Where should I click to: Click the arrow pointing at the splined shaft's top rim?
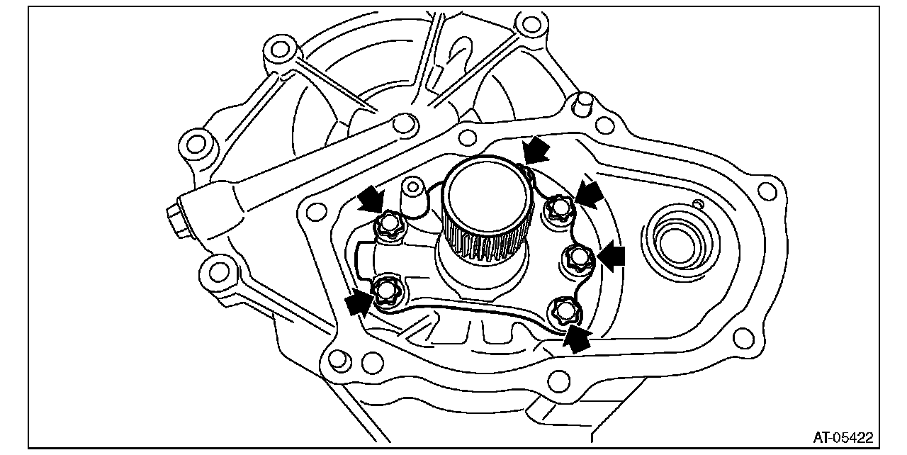536,150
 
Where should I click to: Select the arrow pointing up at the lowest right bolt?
577,339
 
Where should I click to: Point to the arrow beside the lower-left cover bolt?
359,303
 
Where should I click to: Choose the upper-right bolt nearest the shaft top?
559,206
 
